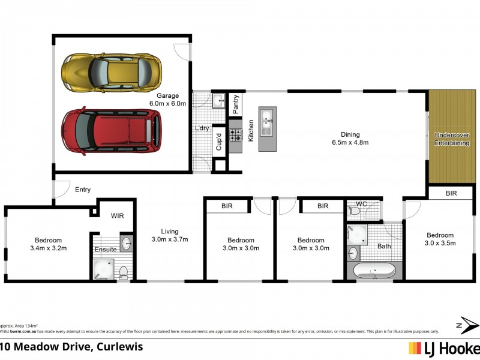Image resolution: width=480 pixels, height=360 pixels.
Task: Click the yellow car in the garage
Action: click(112, 71)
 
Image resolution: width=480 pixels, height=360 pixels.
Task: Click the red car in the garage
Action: click(112, 131)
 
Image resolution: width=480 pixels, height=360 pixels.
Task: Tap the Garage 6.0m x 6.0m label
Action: click(167, 100)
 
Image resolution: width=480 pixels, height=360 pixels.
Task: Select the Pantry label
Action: click(236, 104)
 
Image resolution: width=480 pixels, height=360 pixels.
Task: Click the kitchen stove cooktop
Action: click(235, 135)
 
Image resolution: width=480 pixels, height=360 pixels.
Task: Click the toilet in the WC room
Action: click(355, 211)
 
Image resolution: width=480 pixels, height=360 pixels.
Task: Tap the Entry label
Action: click(83, 190)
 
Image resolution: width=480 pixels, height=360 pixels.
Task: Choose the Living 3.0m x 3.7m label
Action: click(170, 235)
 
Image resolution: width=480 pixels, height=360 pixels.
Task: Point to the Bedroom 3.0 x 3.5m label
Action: click(441, 239)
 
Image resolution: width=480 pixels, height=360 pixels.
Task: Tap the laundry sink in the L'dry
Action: click(218, 100)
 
